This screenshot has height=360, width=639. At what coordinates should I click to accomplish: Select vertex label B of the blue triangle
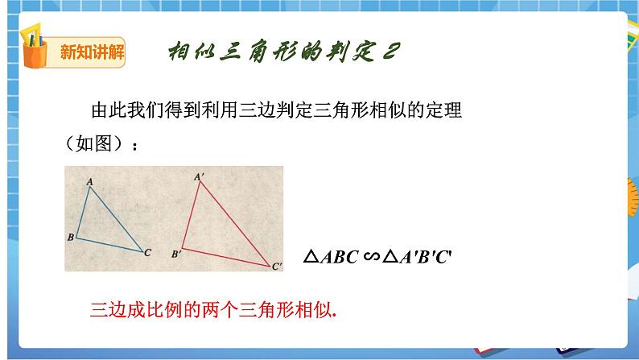coord(71,238)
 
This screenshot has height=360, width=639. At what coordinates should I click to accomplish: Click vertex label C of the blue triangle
coord(147,253)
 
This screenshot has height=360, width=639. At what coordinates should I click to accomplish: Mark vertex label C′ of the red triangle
coord(276,265)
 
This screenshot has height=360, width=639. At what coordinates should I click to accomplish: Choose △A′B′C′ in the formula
coord(422,257)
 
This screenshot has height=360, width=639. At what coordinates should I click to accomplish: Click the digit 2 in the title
coord(388,51)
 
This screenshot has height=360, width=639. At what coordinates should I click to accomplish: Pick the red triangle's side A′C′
coord(236,219)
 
